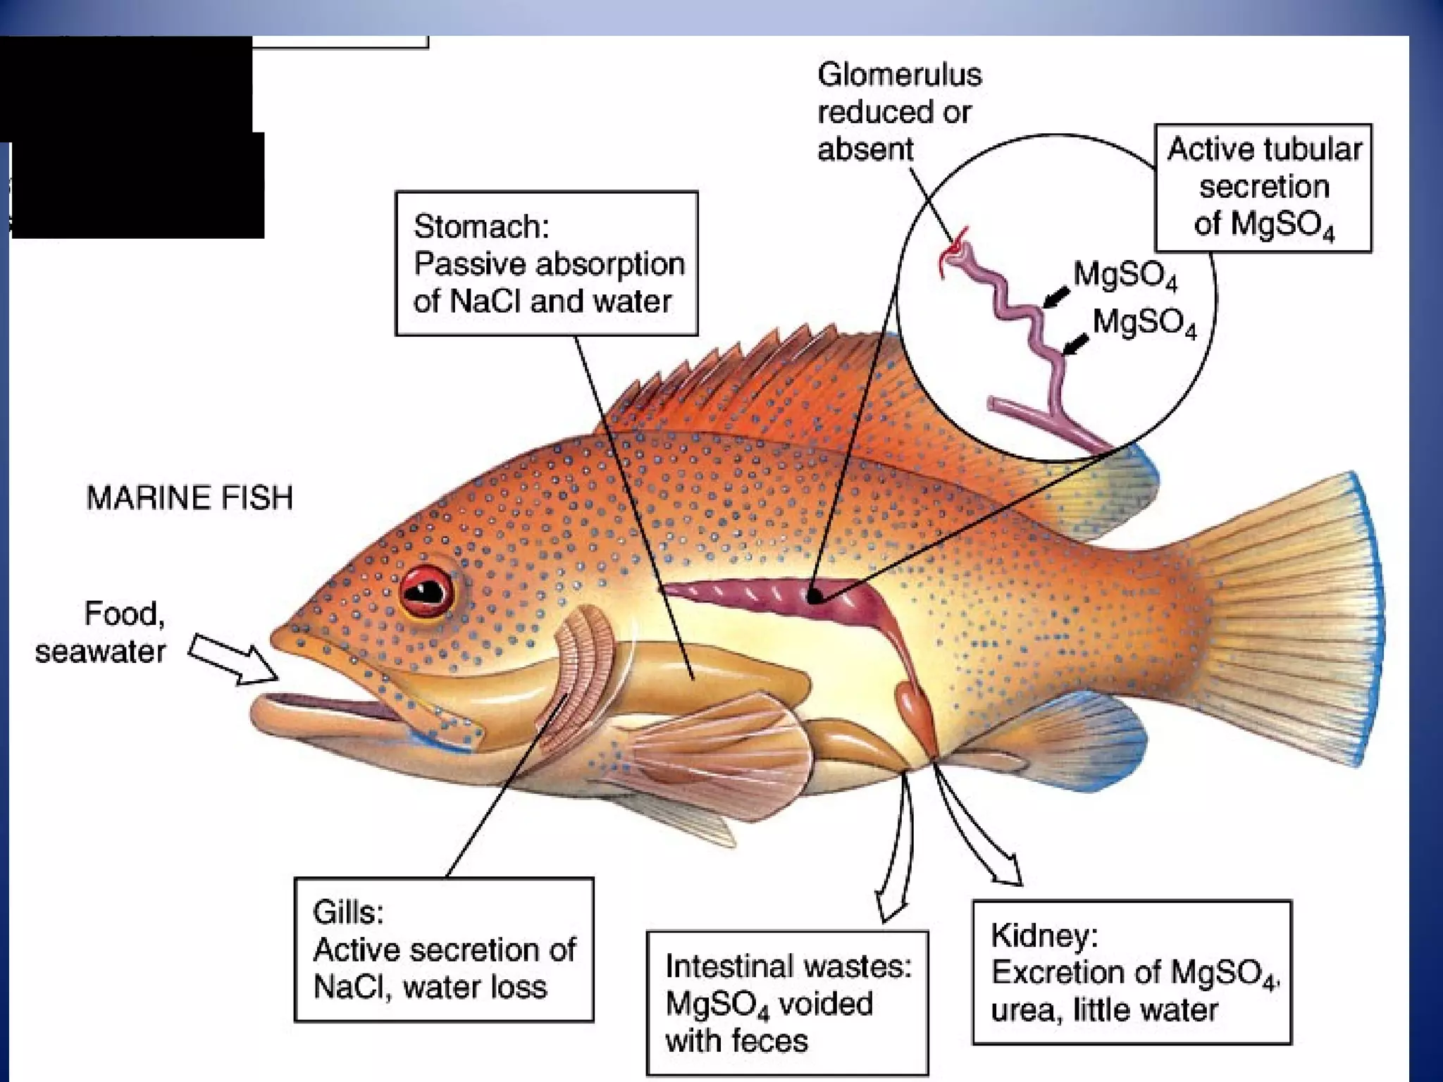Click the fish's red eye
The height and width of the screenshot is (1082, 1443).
426,590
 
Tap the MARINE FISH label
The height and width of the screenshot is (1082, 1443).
189,498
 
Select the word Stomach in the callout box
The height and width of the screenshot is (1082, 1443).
480,227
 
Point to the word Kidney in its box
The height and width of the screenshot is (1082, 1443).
1043,935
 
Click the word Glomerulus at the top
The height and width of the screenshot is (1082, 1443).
899,75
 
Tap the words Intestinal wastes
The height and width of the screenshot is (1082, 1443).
788,966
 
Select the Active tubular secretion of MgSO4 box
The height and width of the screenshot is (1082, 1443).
1263,187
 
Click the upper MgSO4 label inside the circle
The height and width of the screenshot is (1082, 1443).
1125,275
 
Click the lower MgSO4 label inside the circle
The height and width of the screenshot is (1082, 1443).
1144,323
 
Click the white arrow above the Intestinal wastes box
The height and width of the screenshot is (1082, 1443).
895,859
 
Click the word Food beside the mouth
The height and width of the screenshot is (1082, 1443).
124,614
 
